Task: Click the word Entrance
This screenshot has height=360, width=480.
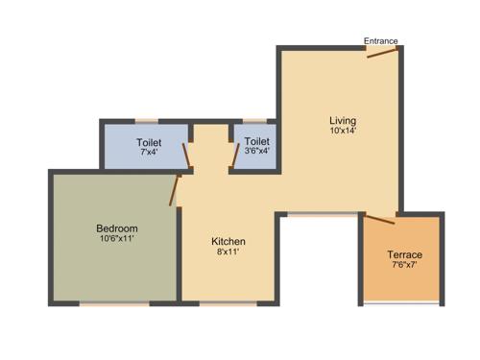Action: tap(381, 40)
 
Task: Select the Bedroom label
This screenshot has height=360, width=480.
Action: tap(117, 228)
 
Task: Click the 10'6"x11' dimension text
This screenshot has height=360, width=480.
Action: tap(117, 239)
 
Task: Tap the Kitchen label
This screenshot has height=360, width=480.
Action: tap(228, 241)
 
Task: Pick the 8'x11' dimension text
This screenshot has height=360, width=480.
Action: tap(228, 252)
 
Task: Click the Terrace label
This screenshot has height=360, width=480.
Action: tap(404, 254)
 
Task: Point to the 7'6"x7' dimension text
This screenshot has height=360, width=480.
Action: tap(404, 266)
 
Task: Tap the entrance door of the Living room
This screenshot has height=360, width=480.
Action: tap(383, 52)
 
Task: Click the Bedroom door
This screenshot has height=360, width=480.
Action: tap(174, 190)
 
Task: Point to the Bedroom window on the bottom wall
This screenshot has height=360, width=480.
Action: tap(113, 304)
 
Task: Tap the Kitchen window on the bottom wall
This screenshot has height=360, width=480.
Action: tap(228, 304)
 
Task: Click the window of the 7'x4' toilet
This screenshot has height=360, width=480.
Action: tap(147, 121)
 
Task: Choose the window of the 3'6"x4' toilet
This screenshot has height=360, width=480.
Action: tap(255, 121)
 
